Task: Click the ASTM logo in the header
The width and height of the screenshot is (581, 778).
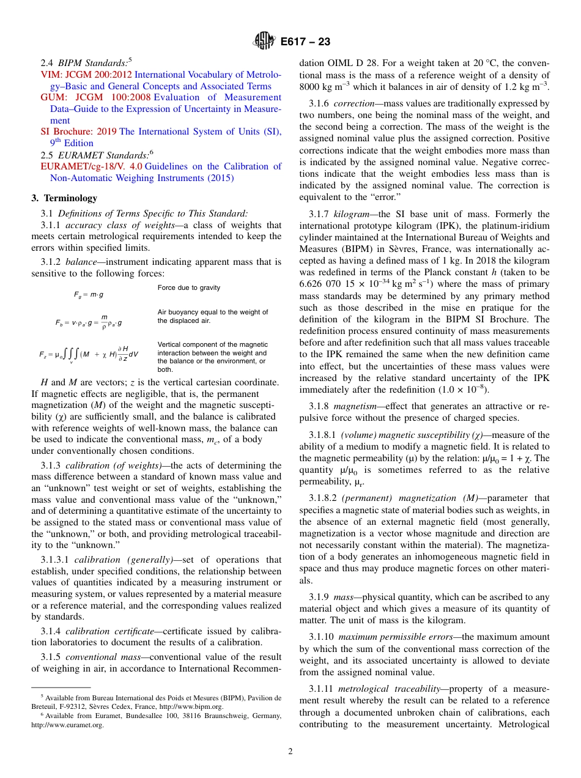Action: tap(265, 42)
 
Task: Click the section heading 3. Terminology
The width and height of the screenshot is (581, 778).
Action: tap(64, 198)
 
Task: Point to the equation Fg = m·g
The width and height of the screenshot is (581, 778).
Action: tap(89, 294)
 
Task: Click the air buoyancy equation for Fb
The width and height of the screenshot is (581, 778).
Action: tap(89, 320)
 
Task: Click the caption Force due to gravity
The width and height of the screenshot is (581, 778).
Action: tap(189, 287)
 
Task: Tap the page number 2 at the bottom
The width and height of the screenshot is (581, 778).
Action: tap(290, 752)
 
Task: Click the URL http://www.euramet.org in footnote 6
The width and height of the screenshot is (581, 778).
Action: tap(67, 725)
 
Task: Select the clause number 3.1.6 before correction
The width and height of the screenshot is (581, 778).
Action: tap(320, 103)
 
